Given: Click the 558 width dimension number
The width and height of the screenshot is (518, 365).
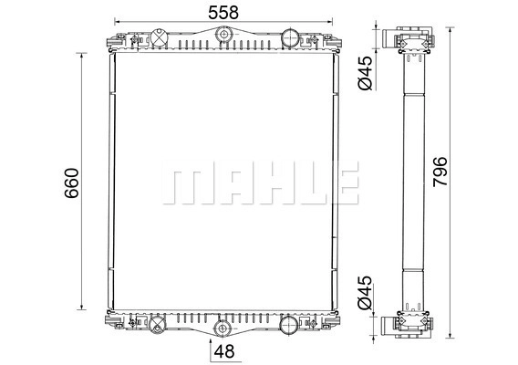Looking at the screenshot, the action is point(223,13).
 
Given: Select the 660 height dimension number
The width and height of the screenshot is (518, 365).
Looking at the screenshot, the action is point(72,183).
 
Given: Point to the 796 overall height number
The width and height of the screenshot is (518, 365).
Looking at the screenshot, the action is point(440,172).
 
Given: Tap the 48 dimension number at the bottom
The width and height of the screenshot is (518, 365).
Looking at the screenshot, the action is point(224,351).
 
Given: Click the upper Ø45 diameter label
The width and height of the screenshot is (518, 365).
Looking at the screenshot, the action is point(365,73).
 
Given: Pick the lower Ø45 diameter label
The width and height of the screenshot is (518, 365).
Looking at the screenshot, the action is point(365,293).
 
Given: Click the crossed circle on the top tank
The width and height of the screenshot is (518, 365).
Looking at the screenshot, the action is point(160,38).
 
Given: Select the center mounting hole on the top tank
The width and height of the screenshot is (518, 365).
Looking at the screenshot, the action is point(223,35).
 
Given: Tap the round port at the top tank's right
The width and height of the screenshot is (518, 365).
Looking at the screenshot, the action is point(290,38).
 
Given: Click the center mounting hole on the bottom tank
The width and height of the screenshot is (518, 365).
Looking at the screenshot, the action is point(222,328).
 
